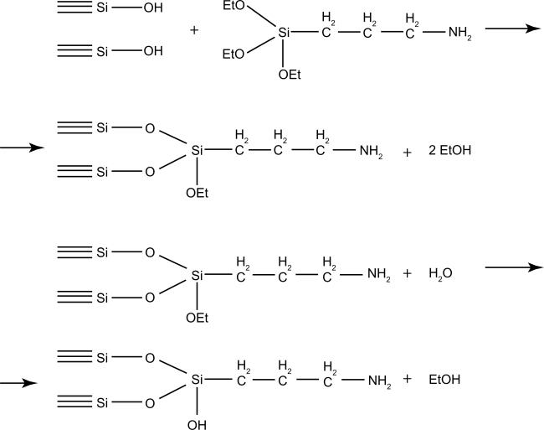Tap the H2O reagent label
coord(440,274)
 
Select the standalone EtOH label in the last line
coord(444,380)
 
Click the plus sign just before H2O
coord(408,274)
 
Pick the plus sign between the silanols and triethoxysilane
coord(194,31)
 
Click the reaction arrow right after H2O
coord(513,268)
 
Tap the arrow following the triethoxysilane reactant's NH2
coord(511,28)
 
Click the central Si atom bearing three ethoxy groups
coord(285,34)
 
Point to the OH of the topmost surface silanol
coord(153,8)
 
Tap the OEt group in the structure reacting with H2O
coord(198,317)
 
